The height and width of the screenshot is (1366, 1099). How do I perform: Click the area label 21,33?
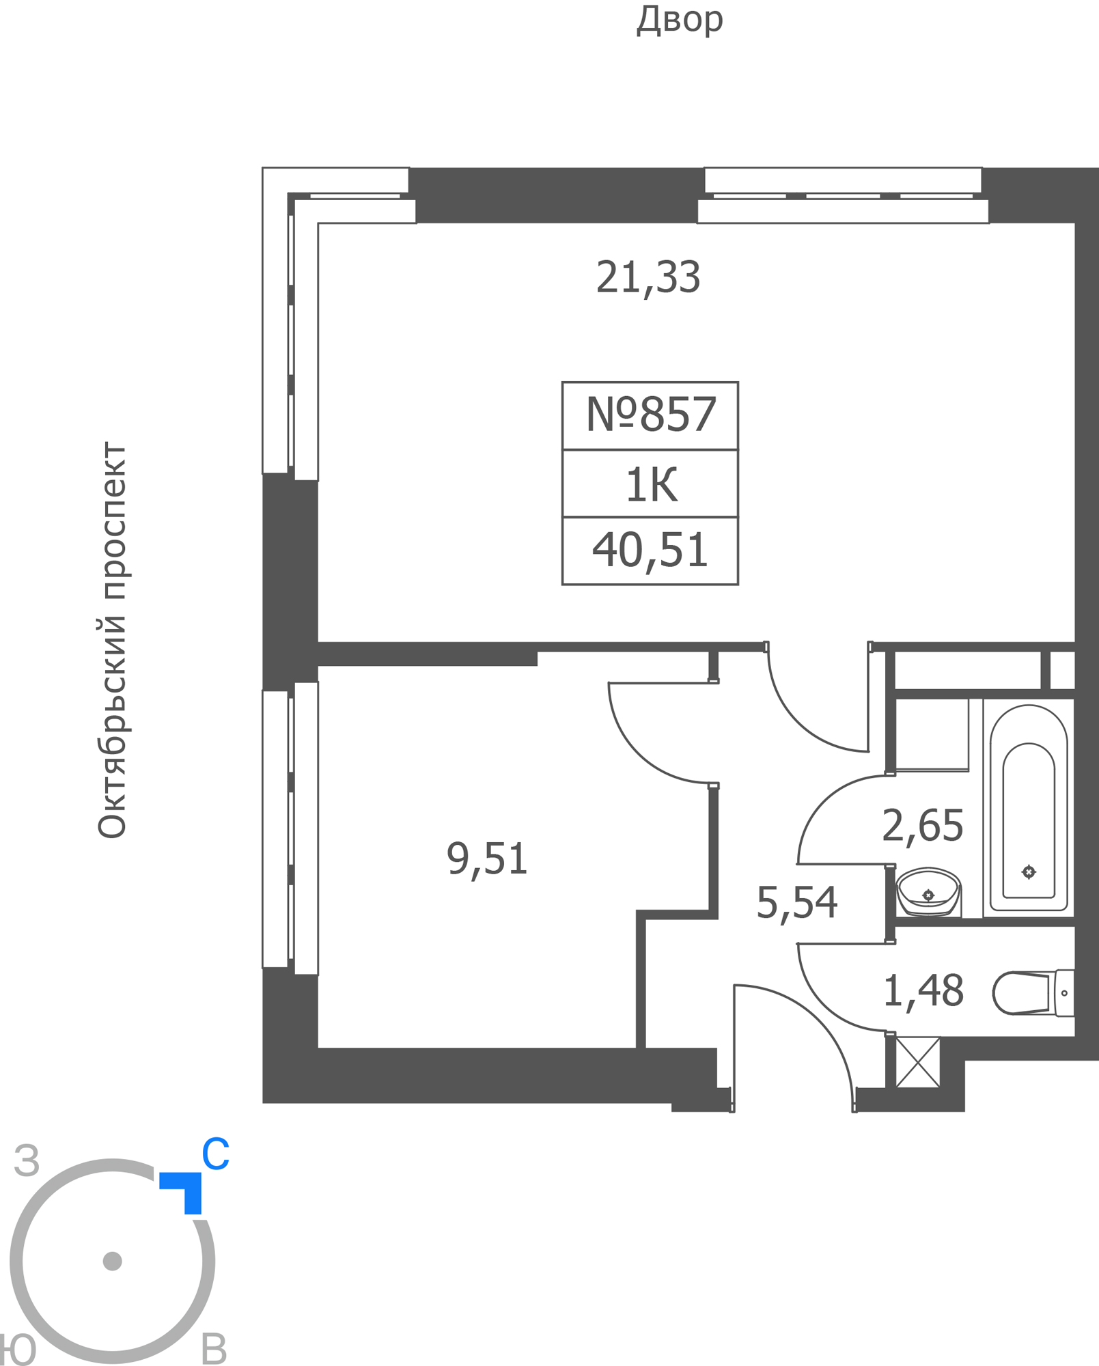point(648,277)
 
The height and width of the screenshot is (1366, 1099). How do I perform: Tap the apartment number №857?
point(651,414)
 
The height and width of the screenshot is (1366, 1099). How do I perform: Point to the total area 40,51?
point(650,550)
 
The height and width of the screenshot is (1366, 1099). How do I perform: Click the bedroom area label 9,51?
point(487,859)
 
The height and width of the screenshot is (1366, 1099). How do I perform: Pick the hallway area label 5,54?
point(796,902)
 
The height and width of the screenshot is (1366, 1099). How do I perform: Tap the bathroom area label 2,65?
point(922,825)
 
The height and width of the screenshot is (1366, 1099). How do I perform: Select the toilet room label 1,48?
point(923,991)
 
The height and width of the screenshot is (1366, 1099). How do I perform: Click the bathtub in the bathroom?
point(1029,807)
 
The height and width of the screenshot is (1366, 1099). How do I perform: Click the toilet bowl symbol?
point(1033,993)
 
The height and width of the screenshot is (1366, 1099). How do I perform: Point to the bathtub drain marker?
point(1029,872)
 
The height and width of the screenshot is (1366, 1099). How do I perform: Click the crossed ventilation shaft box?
point(917,1062)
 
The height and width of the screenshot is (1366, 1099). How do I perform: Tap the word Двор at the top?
point(680,19)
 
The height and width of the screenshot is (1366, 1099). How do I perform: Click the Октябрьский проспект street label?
point(112,640)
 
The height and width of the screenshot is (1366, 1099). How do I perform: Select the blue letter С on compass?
point(215,1154)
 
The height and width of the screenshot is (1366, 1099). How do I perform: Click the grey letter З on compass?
point(27,1160)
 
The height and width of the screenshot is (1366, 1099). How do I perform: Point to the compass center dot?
point(112,1261)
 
